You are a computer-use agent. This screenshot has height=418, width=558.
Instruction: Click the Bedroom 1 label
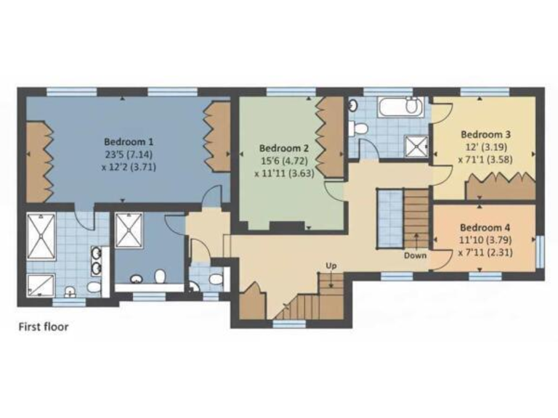coord(129,142)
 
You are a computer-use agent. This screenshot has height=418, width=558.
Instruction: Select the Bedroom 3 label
coord(486,134)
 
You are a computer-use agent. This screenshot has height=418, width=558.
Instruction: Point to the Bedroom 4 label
coord(485,226)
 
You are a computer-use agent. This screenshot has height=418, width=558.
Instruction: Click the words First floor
coord(44,327)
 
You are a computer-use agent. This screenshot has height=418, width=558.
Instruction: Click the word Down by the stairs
coord(416,255)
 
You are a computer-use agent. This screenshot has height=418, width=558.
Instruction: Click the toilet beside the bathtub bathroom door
coord(359,128)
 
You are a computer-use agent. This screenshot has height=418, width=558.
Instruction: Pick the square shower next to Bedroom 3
coord(416,147)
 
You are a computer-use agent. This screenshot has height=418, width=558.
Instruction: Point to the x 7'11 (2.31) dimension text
coord(485,253)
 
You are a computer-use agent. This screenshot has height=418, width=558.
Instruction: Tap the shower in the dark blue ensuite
coord(129,231)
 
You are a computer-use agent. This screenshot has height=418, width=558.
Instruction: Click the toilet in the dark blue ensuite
coord(160,276)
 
